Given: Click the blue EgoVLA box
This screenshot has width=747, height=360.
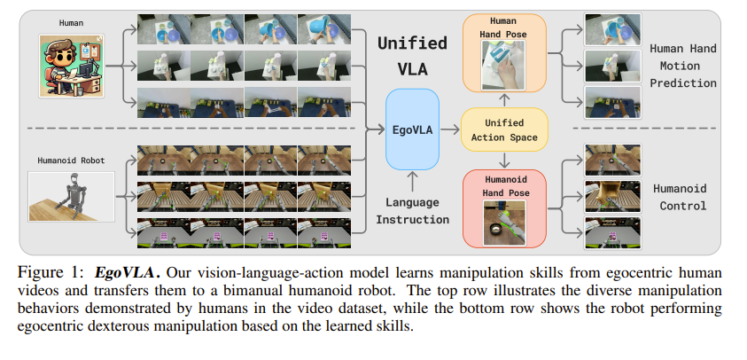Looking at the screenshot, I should [413, 129].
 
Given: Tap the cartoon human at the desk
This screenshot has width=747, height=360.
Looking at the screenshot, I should [71, 68].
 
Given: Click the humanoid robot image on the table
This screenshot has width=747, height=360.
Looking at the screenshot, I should [71, 196].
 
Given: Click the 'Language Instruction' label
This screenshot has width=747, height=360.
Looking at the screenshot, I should [413, 211].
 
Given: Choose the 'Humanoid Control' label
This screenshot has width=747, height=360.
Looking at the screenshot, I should [682, 197].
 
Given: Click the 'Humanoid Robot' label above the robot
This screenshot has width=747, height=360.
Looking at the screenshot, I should [71, 160].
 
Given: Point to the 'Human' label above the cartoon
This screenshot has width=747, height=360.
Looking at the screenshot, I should [71, 23].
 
